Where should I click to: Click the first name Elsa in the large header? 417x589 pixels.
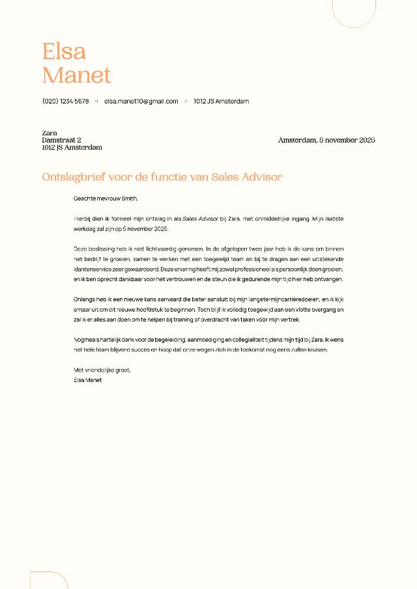click(x=64, y=51)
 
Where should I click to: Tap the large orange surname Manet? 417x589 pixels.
click(x=77, y=75)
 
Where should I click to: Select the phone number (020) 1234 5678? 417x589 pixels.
click(x=65, y=102)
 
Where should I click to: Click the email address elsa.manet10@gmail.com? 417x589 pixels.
click(x=141, y=102)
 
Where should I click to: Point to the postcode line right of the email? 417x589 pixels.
click(x=221, y=102)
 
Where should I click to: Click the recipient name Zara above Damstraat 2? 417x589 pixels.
click(x=50, y=133)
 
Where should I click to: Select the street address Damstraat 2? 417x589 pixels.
click(x=61, y=140)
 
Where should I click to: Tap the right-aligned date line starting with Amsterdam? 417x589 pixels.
click(x=326, y=140)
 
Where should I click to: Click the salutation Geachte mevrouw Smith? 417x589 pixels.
click(x=106, y=199)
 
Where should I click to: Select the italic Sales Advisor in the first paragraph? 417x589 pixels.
click(x=200, y=219)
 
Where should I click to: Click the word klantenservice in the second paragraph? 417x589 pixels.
click(x=93, y=269)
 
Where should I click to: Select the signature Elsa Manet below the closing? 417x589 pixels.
click(x=88, y=379)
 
